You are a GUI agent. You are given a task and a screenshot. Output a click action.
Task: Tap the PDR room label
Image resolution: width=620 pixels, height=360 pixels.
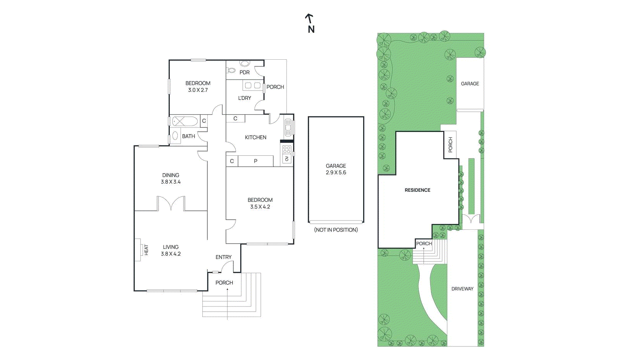tap(245, 72)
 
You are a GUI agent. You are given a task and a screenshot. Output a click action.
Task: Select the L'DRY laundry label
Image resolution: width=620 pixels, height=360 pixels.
tap(245, 98)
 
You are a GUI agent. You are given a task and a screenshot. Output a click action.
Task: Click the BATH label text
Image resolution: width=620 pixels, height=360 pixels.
tap(188, 136)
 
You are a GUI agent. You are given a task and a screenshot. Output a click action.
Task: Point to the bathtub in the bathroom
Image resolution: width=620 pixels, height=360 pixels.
tap(185, 121)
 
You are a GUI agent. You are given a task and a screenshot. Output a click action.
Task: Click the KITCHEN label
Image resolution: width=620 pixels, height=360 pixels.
tap(255, 137)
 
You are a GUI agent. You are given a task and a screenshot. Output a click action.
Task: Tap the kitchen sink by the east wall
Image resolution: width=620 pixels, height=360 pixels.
tap(288, 127)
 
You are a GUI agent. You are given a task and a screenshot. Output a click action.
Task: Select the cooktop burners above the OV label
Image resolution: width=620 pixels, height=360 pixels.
tap(287, 150)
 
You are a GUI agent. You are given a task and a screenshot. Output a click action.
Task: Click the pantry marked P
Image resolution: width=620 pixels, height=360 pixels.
tap(255, 161)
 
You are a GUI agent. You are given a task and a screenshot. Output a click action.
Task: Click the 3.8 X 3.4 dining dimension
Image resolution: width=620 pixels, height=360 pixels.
tap(171, 182)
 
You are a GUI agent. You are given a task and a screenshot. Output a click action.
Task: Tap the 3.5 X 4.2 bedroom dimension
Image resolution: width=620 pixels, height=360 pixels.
tap(260, 207)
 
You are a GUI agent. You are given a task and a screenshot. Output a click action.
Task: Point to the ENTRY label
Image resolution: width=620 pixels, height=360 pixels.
tap(223, 257)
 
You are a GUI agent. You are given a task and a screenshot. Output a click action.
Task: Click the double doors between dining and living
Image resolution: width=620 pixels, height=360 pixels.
tap(171, 203)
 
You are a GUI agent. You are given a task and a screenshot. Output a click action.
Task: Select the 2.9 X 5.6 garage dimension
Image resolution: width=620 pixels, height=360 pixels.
tap(336, 172)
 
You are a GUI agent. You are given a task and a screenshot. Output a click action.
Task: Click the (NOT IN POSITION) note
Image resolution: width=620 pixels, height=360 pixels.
tap(336, 230)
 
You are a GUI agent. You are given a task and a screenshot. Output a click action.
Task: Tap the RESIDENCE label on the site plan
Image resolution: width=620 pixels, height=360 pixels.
tap(417, 190)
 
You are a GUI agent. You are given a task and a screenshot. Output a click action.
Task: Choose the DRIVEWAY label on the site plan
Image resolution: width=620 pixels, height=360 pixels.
tap(462, 289)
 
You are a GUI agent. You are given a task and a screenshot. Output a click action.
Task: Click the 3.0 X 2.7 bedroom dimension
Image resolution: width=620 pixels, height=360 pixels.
tap(198, 90)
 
